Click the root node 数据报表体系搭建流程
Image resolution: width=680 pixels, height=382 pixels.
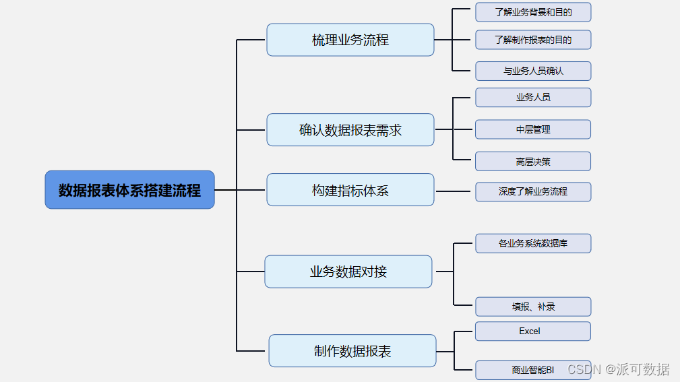pyautogui.click(x=129, y=190)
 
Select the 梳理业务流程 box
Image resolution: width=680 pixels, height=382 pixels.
pyautogui.click(x=350, y=40)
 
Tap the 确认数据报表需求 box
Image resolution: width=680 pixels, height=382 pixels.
pyautogui.click(x=350, y=130)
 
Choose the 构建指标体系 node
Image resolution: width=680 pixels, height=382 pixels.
pyautogui.click(x=350, y=190)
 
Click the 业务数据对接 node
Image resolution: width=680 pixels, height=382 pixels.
pyautogui.click(x=348, y=272)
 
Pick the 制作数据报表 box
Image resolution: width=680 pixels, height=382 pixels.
pyautogui.click(x=352, y=351)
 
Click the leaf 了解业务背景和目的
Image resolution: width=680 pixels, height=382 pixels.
pyautogui.click(x=532, y=12)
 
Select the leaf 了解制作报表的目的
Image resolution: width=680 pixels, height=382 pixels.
pyautogui.click(x=532, y=40)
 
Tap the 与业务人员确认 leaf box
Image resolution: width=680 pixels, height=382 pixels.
pyautogui.click(x=532, y=71)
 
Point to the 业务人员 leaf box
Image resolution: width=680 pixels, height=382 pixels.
pyautogui.click(x=532, y=97)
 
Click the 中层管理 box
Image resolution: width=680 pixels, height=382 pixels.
pyautogui.click(x=532, y=129)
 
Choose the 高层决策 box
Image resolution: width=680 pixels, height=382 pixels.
pyautogui.click(x=532, y=162)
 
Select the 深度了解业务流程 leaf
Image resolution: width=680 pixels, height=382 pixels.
pyautogui.click(x=532, y=191)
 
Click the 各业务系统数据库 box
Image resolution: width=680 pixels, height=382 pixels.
pyautogui.click(x=532, y=243)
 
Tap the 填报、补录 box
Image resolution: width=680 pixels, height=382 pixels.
pyautogui.click(x=532, y=307)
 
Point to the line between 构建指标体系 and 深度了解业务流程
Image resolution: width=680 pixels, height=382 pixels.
pyautogui.click(x=454, y=191)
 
